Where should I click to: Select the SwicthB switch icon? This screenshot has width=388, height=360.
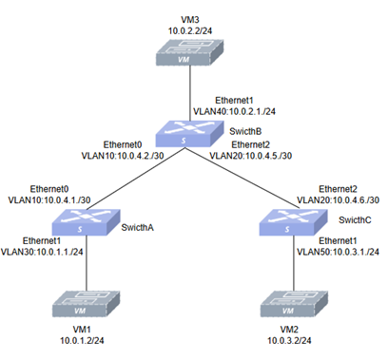click(x=189, y=133)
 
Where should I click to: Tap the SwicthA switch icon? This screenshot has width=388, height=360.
click(x=87, y=222)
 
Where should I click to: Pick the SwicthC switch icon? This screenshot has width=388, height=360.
click(x=293, y=222)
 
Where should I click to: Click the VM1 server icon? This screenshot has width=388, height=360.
click(x=87, y=304)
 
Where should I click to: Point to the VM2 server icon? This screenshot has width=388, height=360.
click(x=294, y=304)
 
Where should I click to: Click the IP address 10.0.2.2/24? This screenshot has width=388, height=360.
click(x=190, y=31)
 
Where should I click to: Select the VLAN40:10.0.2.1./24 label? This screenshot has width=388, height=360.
click(x=234, y=111)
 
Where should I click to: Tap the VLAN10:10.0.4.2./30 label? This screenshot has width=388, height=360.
click(x=123, y=156)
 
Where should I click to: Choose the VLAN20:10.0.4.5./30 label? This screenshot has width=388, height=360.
click(x=251, y=156)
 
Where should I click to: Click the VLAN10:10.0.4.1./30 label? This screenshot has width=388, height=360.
click(x=49, y=200)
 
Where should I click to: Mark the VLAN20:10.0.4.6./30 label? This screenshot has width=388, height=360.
click(x=338, y=200)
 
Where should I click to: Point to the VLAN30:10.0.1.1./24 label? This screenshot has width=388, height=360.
click(x=42, y=252)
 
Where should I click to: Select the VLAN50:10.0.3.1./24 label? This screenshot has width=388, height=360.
click(x=338, y=252)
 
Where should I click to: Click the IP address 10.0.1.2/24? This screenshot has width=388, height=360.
click(x=82, y=341)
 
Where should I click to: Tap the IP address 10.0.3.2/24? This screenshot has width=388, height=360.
click(x=289, y=341)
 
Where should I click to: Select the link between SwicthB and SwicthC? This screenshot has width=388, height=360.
click(x=242, y=178)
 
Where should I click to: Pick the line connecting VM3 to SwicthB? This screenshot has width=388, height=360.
click(x=190, y=93)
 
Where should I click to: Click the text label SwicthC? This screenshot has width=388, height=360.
click(x=355, y=220)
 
